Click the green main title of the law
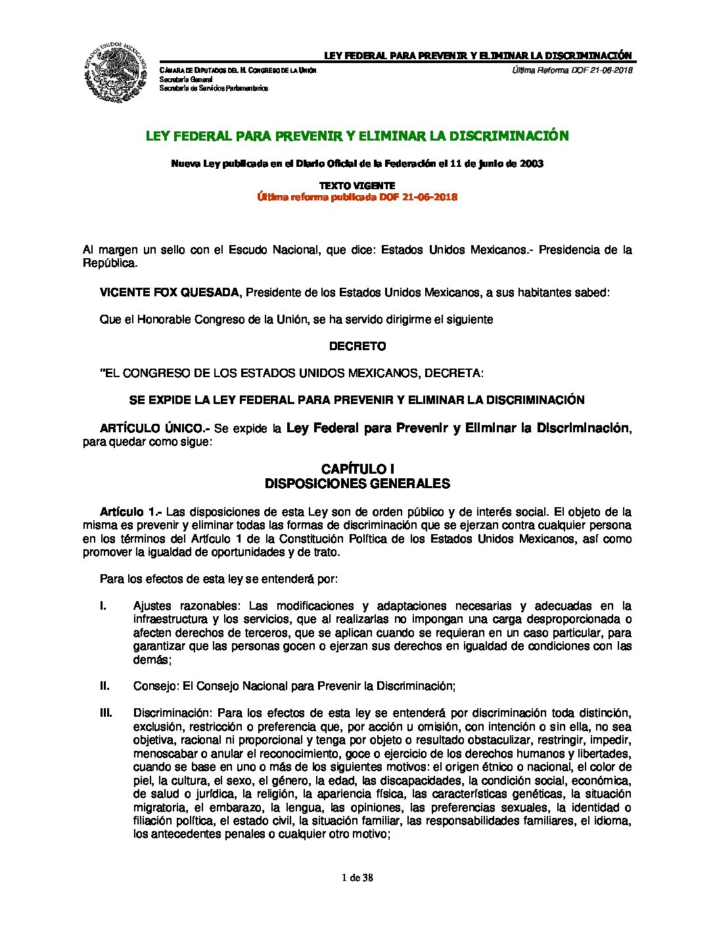(x=357, y=136)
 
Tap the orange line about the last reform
(x=357, y=197)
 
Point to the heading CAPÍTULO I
(x=357, y=469)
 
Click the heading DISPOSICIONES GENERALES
(x=357, y=484)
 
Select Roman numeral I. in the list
(x=103, y=606)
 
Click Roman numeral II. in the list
(x=104, y=686)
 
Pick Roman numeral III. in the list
(x=106, y=713)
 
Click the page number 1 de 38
(x=357, y=878)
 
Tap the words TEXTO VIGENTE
(x=357, y=186)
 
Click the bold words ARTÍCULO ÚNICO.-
(x=154, y=428)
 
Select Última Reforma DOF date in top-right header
(x=571, y=70)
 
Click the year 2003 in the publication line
(x=532, y=164)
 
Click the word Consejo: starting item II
(x=156, y=686)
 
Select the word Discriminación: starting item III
(x=172, y=713)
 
